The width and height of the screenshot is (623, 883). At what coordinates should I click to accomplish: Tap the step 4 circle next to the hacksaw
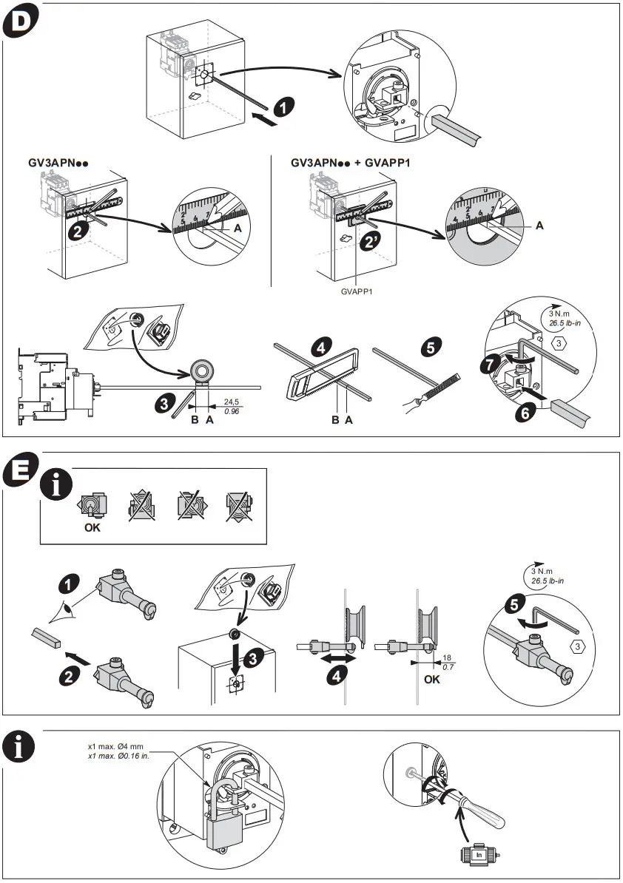pyautogui.click(x=323, y=346)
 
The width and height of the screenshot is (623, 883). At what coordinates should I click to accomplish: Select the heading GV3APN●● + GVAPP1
pyautogui.click(x=350, y=162)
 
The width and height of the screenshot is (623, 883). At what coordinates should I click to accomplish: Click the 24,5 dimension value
pyautogui.click(x=232, y=402)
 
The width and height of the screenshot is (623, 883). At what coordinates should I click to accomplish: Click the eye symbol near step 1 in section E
pyautogui.click(x=69, y=613)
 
